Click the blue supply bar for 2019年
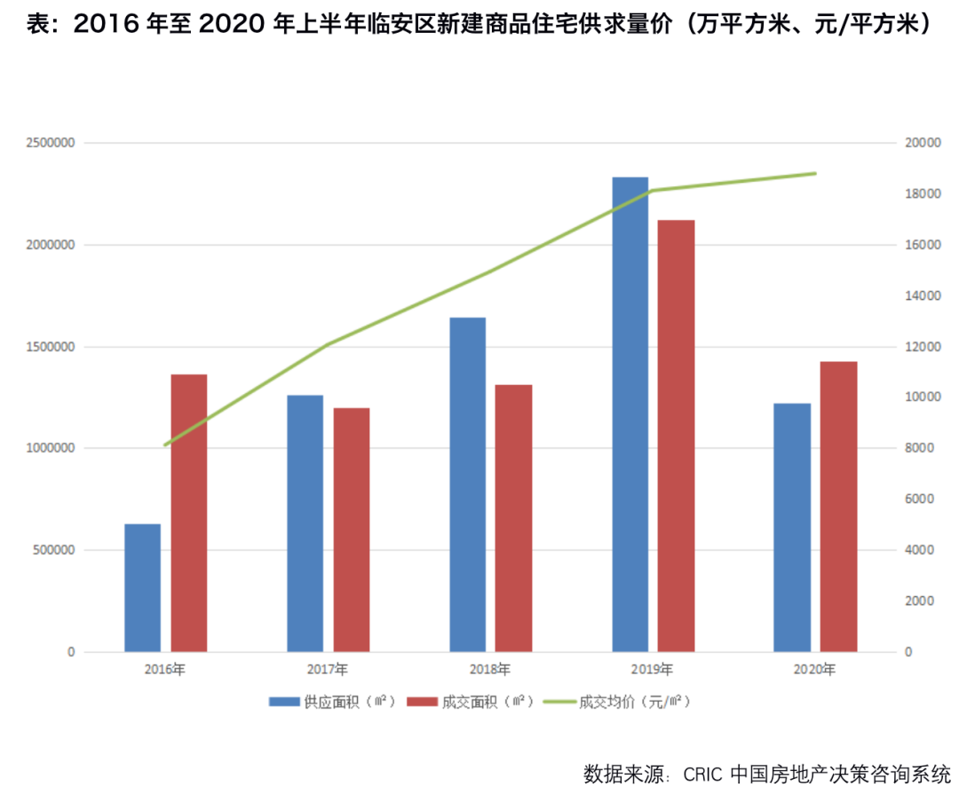[x=630, y=414]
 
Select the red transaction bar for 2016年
[x=189, y=513]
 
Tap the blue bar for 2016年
[x=142, y=587]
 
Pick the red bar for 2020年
[x=838, y=506]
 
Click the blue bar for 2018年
[x=467, y=484]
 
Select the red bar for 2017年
[x=352, y=530]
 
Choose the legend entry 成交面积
[x=470, y=702]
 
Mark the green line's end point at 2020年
[x=815, y=173]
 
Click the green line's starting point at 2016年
[x=165, y=445]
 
